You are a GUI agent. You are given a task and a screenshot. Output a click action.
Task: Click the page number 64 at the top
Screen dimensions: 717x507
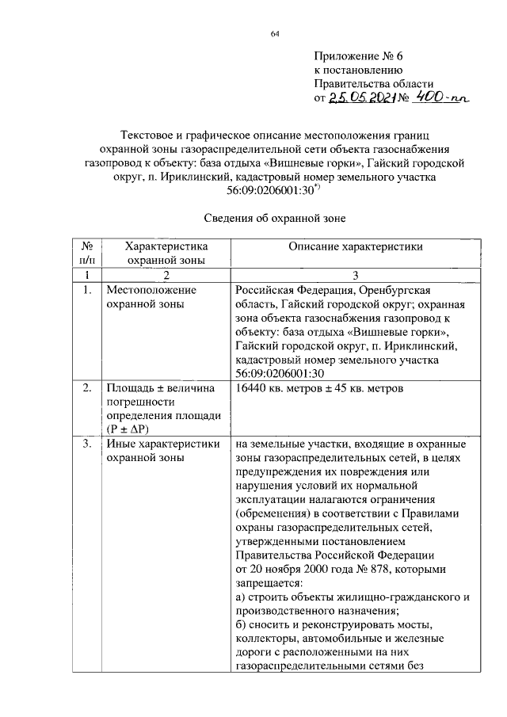point(274,33)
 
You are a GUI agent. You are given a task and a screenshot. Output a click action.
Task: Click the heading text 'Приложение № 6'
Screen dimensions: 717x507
point(359,56)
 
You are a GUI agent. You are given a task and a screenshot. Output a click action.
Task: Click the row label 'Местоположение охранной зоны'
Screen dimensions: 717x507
point(152,296)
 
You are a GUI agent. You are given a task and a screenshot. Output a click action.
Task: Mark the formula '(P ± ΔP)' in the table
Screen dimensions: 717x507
point(132,429)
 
